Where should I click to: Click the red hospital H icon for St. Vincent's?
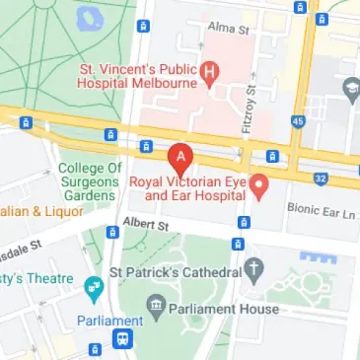(208, 71)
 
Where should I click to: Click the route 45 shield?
(297, 121)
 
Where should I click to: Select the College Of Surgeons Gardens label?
(90, 181)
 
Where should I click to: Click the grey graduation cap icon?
(350, 91)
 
